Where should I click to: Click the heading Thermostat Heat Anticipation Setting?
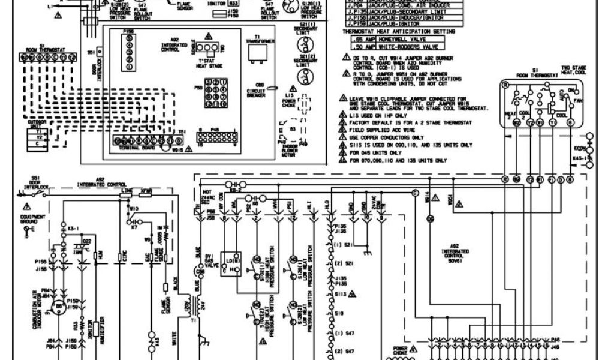coord(398,31)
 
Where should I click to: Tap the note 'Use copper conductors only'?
coord(384,137)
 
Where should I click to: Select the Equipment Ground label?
coord(28,218)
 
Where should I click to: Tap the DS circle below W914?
coord(429,219)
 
